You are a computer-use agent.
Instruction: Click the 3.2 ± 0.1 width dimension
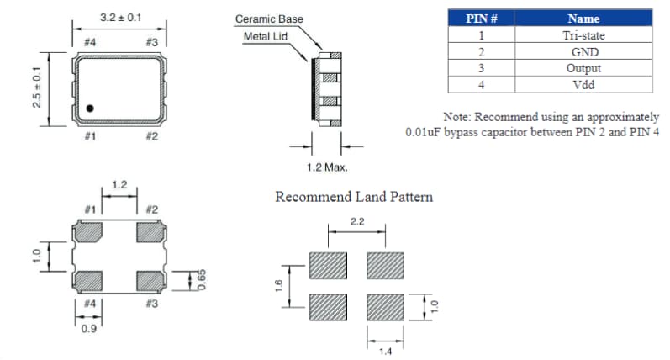(119, 18)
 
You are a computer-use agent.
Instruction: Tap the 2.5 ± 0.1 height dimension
(35, 87)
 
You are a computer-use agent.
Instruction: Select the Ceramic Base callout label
(269, 19)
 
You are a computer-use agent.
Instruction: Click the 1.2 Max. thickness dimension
(327, 167)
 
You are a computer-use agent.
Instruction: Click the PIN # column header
(481, 19)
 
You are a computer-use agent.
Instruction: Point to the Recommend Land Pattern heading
(354, 197)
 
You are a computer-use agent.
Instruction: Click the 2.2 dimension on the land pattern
(356, 221)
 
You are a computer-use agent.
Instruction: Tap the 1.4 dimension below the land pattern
(385, 350)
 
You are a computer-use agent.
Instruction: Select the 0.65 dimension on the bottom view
(202, 279)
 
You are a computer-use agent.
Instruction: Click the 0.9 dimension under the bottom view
(87, 329)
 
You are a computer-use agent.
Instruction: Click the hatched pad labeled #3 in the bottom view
(151, 279)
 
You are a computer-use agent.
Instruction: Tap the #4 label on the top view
(90, 41)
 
